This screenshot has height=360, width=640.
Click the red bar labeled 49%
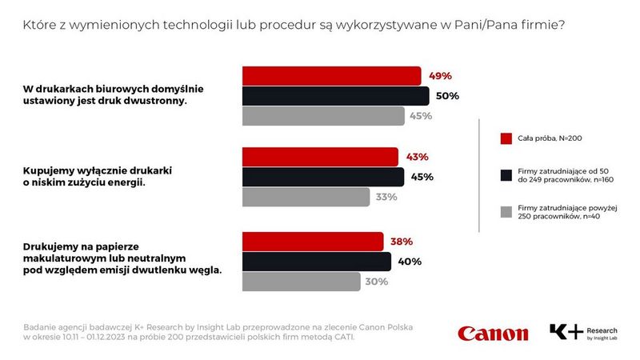click(331, 76)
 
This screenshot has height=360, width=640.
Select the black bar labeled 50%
click(335, 96)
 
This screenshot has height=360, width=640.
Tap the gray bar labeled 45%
click(323, 116)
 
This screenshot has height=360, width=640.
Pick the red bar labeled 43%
click(320, 157)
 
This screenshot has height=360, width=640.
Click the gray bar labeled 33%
click(306, 197)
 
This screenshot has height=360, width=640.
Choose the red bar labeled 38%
click(313, 241)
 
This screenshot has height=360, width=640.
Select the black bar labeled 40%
click(317, 262)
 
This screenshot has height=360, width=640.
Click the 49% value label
click(440, 76)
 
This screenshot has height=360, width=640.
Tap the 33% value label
click(385, 197)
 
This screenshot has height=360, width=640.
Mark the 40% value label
click(410, 262)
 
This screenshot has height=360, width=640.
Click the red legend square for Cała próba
click(505, 138)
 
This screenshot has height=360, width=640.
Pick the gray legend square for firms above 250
click(505, 211)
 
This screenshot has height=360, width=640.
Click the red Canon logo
click(493, 333)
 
